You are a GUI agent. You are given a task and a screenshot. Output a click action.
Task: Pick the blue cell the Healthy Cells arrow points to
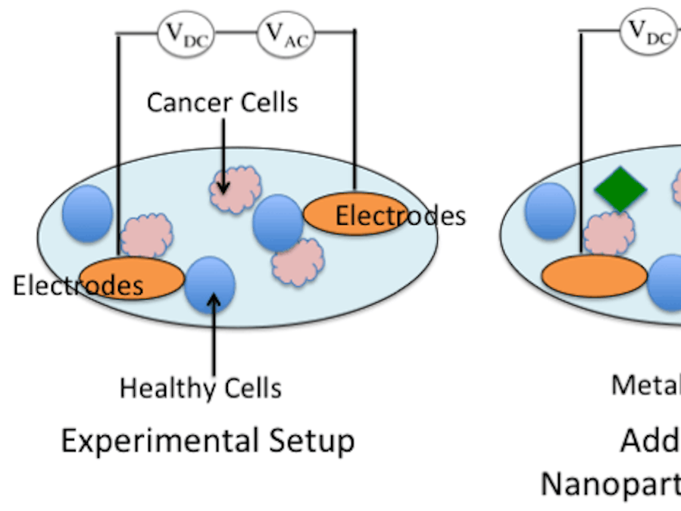(210, 284)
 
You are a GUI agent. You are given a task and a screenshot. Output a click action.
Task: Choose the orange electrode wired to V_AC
(355, 215)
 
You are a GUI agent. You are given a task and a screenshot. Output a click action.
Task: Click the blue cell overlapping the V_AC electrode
(277, 223)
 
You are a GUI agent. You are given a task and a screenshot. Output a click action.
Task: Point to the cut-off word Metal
(645, 385)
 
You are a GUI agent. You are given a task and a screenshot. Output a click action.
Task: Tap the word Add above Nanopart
(650, 441)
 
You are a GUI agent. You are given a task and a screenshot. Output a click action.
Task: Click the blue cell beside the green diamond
(549, 210)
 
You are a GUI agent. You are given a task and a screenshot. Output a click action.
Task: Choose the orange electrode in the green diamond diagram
(594, 276)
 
